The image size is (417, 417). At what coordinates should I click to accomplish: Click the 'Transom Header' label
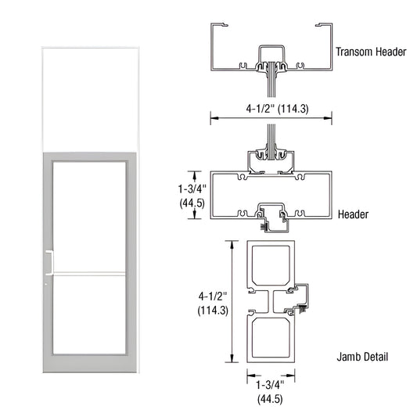pyautogui.click(x=371, y=52)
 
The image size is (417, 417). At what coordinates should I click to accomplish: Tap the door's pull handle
pyautogui.click(x=49, y=263)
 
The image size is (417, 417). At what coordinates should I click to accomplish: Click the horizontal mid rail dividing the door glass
pyautogui.click(x=88, y=273)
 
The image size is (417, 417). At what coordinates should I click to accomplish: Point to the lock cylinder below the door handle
pyautogui.click(x=46, y=283)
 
